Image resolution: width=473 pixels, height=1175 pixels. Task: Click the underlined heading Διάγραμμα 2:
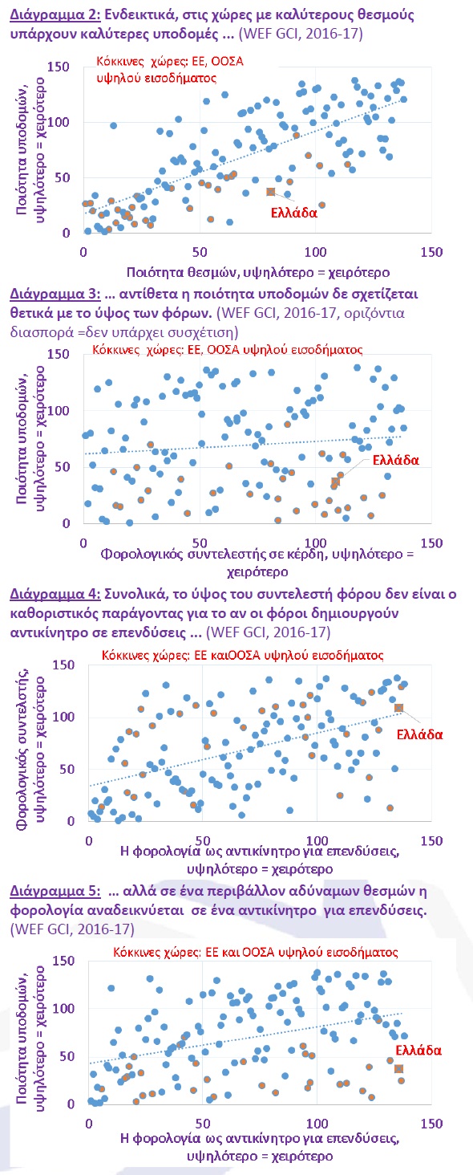pyautogui.click(x=55, y=14)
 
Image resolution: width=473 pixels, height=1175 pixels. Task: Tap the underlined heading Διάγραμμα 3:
pyautogui.click(x=55, y=294)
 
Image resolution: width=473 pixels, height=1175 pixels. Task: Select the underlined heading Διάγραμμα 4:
pyautogui.click(x=55, y=594)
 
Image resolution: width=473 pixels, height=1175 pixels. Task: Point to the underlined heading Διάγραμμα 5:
pyautogui.click(x=55, y=891)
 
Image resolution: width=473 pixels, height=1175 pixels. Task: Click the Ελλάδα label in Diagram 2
pyautogui.click(x=294, y=213)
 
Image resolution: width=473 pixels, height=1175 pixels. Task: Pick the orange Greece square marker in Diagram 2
pyautogui.click(x=270, y=192)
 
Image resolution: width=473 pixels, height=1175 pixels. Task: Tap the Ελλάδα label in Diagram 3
pyautogui.click(x=395, y=460)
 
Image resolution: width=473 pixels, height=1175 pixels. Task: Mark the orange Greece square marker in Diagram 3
pyautogui.click(x=335, y=482)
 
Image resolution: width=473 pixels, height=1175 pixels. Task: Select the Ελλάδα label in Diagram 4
pyautogui.click(x=419, y=734)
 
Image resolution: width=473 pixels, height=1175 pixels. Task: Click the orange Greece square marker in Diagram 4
pyautogui.click(x=398, y=708)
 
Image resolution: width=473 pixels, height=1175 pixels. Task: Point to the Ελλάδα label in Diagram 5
pyautogui.click(x=418, y=1050)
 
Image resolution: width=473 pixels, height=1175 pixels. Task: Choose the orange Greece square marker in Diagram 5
pyautogui.click(x=398, y=1069)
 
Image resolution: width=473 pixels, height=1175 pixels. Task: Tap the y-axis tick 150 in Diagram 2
pyautogui.click(x=59, y=67)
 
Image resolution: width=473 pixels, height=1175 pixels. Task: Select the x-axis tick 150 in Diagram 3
pyautogui.click(x=431, y=543)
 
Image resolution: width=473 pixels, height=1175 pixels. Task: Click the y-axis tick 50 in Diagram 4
pyautogui.click(x=67, y=769)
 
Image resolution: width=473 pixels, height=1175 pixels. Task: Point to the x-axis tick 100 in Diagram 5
pyautogui.click(x=317, y=1123)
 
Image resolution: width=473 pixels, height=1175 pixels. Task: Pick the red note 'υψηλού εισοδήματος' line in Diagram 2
pyautogui.click(x=156, y=78)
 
